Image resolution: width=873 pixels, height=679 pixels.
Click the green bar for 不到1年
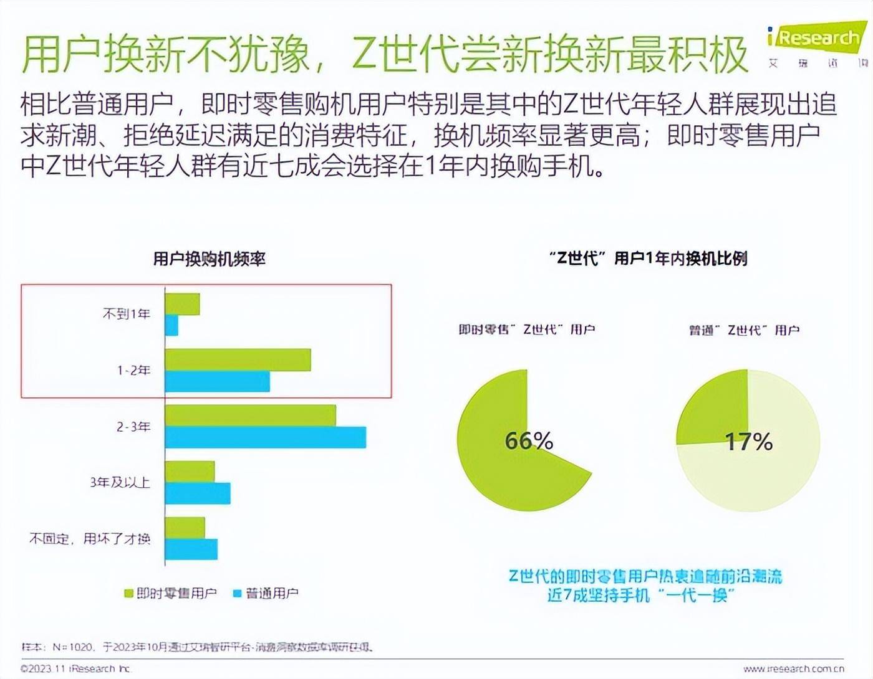tap(183, 304)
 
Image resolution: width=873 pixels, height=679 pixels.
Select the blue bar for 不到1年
tap(171, 325)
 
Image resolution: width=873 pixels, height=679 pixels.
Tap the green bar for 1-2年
tap(238, 360)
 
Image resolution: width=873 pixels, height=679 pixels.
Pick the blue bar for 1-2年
tap(217, 381)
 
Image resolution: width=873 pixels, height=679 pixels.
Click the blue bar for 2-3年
tap(265, 437)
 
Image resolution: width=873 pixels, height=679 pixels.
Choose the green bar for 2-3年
tap(250, 415)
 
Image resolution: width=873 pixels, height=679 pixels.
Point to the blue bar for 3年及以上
tap(198, 493)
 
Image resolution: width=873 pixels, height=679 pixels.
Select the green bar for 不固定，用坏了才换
tap(185, 528)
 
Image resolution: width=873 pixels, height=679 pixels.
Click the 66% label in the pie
tap(529, 441)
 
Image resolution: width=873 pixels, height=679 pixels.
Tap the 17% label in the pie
tap(748, 442)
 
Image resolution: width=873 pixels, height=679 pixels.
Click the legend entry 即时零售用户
tap(171, 593)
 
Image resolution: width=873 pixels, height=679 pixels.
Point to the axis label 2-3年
tap(133, 427)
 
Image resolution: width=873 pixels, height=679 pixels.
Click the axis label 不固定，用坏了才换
tap(90, 538)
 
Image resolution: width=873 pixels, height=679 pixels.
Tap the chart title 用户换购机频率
tap(210, 259)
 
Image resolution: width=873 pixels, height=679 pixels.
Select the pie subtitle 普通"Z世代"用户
tap(744, 330)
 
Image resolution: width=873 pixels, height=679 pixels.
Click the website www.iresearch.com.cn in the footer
tap(793, 669)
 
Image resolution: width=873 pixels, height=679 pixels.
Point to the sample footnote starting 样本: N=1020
tap(197, 647)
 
